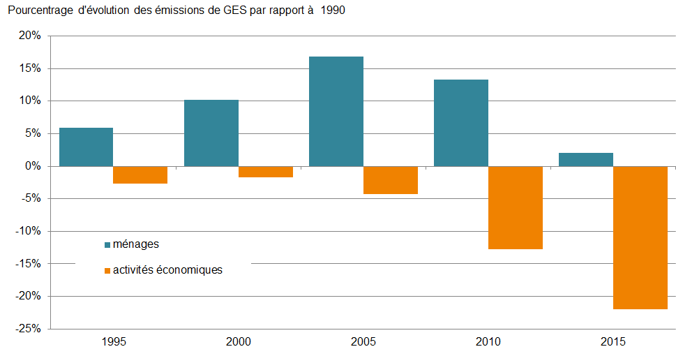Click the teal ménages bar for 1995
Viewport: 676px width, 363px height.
(87, 147)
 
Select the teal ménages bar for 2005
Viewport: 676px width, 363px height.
(336, 112)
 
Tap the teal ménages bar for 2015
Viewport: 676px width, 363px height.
(586, 160)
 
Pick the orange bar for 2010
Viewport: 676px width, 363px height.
(516, 207)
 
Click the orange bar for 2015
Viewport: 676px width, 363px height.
(640, 237)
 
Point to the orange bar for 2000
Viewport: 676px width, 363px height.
(266, 172)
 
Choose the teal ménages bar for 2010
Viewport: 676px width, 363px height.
(461, 123)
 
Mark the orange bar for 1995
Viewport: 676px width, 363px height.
(140, 175)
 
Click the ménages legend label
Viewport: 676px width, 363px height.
(136, 244)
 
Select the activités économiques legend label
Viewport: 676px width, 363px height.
(167, 269)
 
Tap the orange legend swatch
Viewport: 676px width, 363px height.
(107, 270)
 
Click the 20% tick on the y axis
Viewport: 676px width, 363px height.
(31, 36)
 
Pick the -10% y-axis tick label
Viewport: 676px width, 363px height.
(30, 231)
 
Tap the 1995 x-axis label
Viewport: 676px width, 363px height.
(114, 342)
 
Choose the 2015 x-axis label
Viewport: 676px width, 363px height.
(613, 342)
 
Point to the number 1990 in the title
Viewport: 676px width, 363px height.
(332, 11)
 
